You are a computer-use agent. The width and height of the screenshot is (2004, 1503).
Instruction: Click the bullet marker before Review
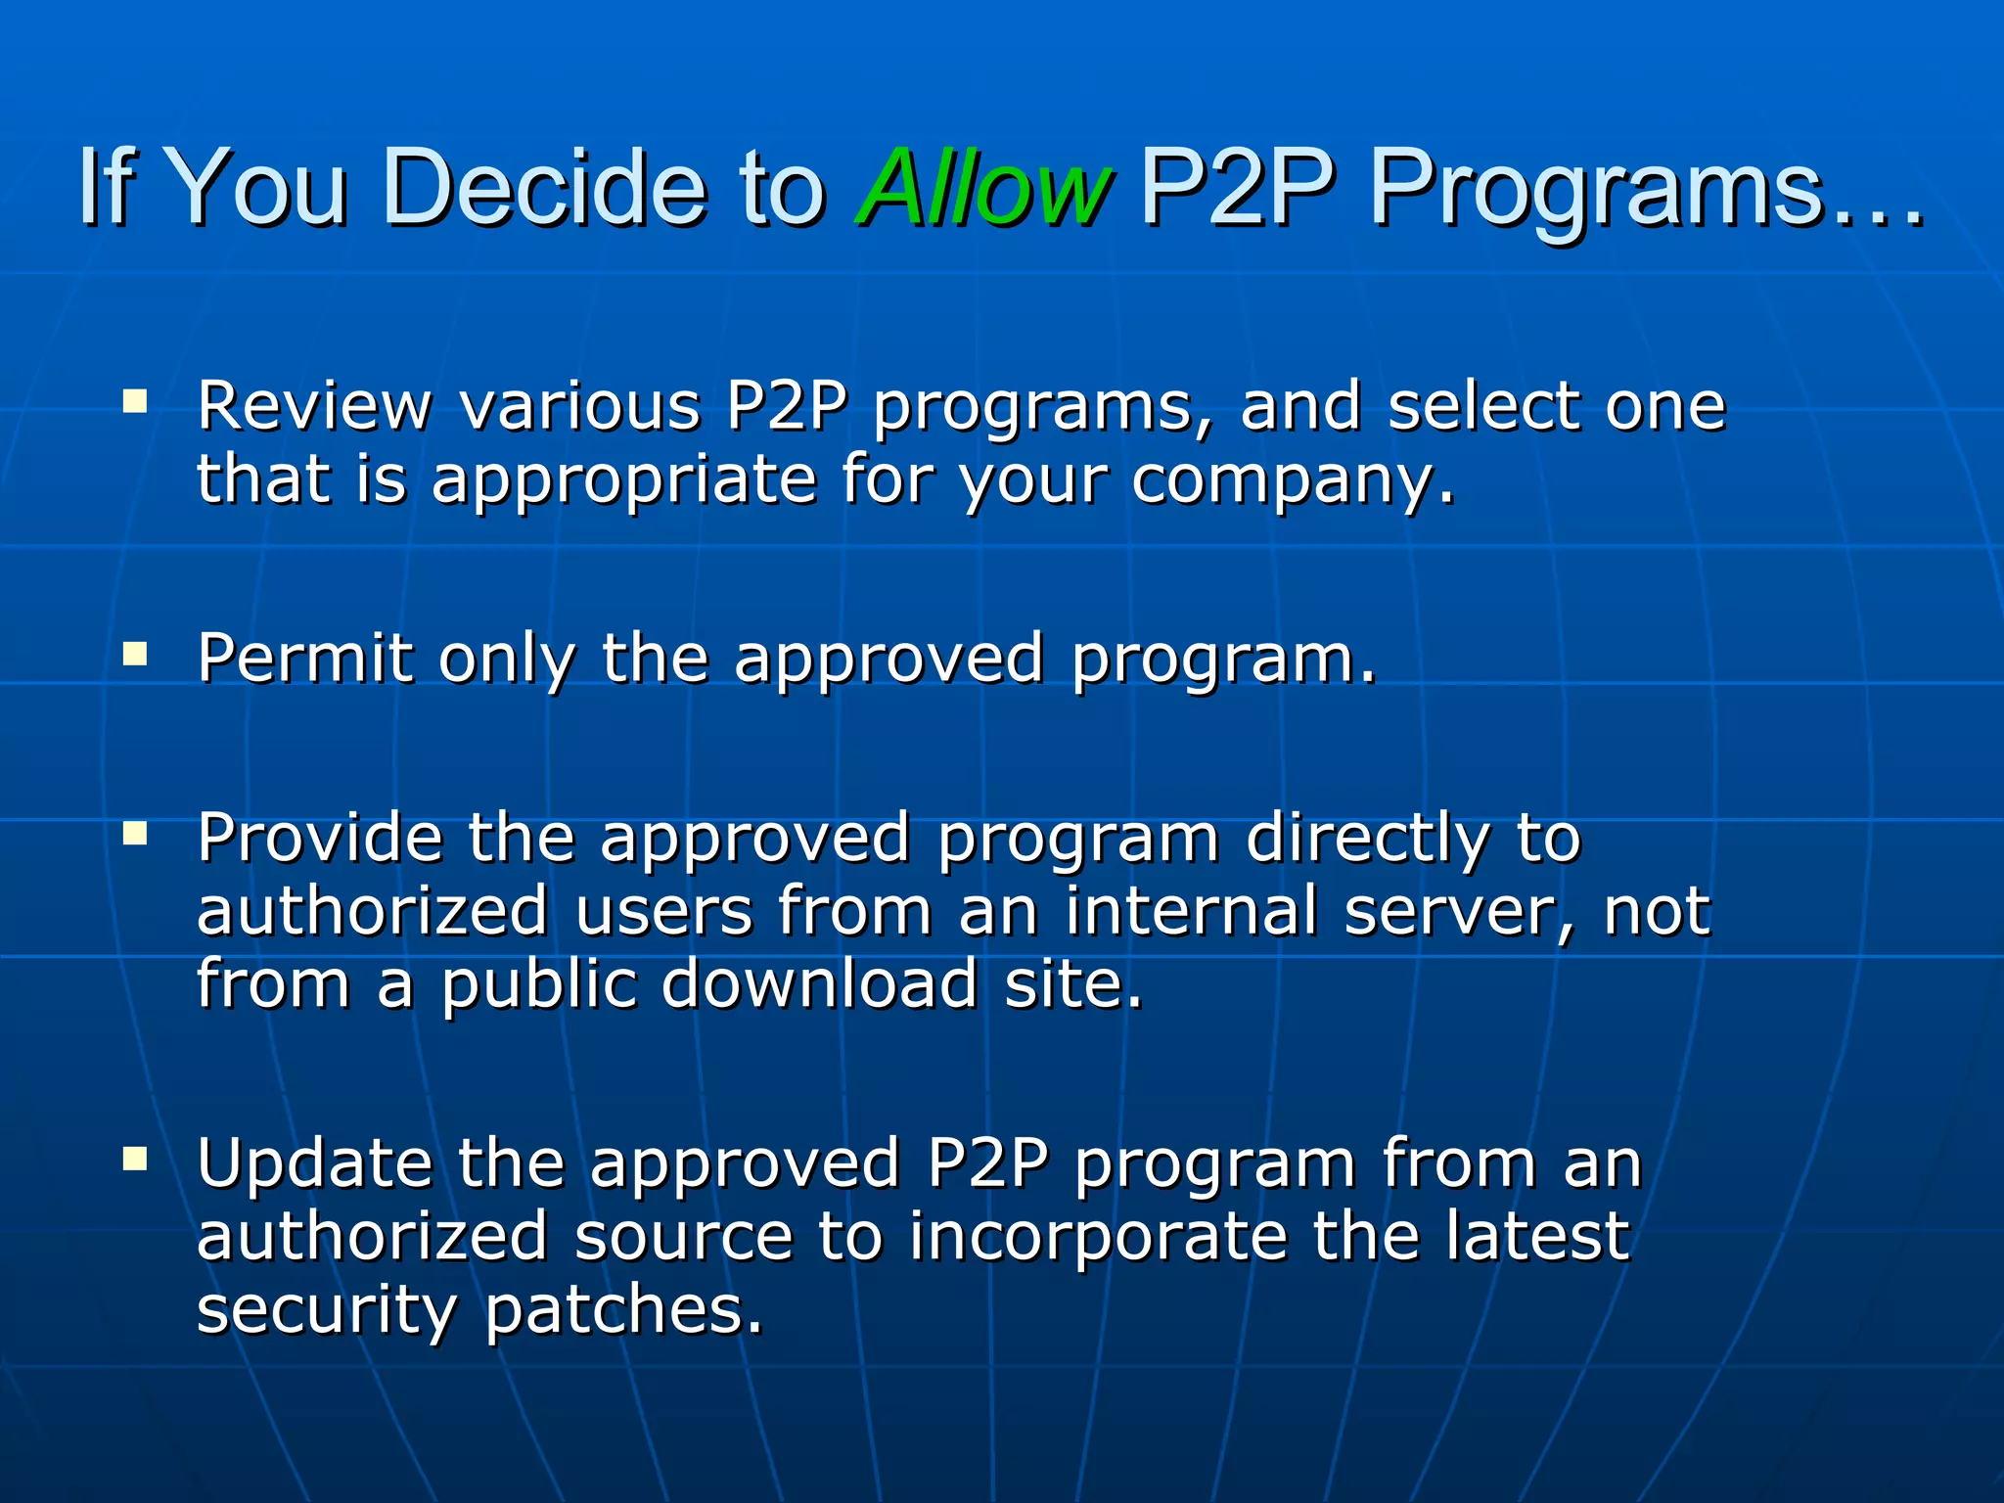point(135,401)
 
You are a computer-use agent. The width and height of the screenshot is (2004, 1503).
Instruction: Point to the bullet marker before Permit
point(135,654)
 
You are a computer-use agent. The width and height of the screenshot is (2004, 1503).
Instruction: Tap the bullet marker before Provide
point(135,834)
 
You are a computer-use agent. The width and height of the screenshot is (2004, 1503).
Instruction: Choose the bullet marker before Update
point(135,1160)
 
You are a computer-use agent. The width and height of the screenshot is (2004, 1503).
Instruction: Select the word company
point(1293,481)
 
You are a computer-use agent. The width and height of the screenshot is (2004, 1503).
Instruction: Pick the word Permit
point(305,658)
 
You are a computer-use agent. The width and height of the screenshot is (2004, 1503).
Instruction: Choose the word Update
point(314,1164)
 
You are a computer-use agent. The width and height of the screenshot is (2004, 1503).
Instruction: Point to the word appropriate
point(624,481)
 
